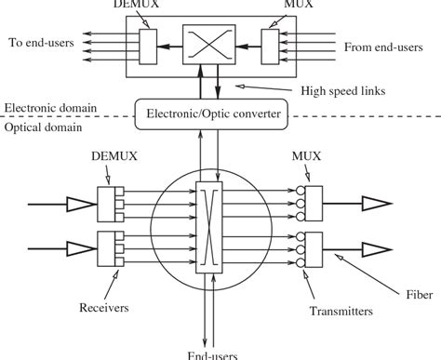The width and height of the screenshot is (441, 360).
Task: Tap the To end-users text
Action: (41, 42)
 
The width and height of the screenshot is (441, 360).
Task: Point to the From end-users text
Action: (383, 46)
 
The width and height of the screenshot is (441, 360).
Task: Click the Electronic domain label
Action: (47, 106)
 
